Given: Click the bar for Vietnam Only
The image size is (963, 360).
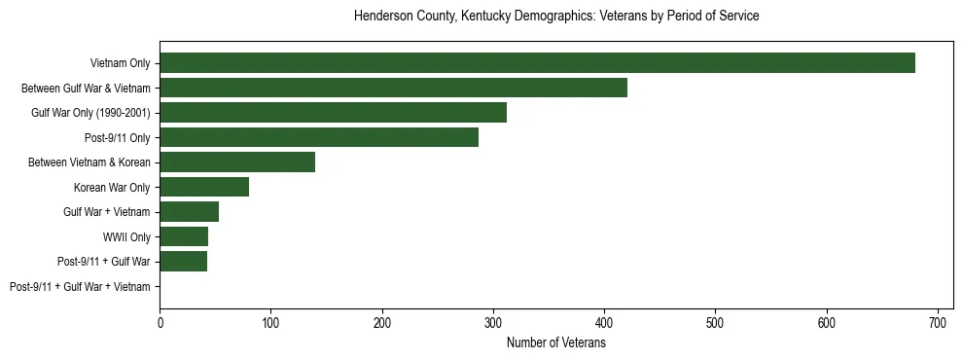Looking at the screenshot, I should (x=537, y=63).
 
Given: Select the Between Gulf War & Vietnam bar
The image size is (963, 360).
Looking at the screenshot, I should (x=393, y=89).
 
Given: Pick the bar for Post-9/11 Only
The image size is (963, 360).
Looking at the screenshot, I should (x=319, y=137).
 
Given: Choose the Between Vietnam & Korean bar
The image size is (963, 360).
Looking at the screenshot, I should (x=237, y=162).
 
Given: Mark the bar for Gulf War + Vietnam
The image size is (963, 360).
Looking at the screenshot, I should (x=189, y=212).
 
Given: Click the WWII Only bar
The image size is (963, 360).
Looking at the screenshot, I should (x=184, y=236).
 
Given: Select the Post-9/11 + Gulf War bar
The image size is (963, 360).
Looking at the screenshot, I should (x=183, y=261).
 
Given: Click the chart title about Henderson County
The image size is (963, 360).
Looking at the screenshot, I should (x=556, y=17).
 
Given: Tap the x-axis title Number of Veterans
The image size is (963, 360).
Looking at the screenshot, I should (x=556, y=343).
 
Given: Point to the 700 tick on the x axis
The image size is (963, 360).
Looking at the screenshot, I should (x=938, y=320).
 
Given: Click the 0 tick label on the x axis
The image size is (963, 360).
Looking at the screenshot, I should (x=160, y=320).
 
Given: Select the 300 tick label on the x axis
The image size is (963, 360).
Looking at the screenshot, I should (x=493, y=320).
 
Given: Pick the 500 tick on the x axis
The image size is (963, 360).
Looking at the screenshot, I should (x=715, y=320).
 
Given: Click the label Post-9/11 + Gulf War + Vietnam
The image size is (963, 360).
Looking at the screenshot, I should (x=80, y=287).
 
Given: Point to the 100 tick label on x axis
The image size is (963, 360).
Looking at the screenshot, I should (x=270, y=320).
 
